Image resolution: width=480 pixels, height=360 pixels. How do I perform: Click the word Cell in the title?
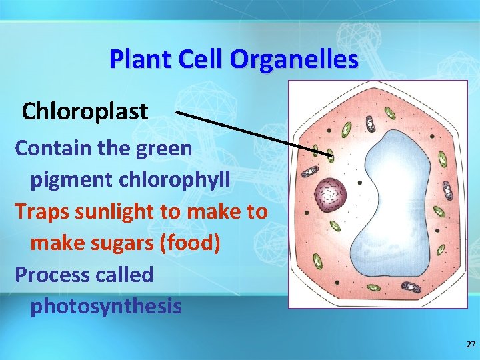tap(194, 59)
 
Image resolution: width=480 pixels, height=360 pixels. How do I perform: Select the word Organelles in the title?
tap(294, 59)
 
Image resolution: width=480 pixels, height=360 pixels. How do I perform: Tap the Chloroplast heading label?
tap(85, 111)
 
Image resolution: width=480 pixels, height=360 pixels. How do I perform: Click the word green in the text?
tap(164, 147)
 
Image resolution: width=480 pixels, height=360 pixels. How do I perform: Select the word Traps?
tap(41, 211)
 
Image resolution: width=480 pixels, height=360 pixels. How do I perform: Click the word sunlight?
tap(118, 212)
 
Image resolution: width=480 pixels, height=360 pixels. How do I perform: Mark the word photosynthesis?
tap(105, 307)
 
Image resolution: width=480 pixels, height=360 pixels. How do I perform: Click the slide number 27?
tap(471, 345)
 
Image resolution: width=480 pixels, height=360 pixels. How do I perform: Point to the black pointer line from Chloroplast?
tap(253, 133)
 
